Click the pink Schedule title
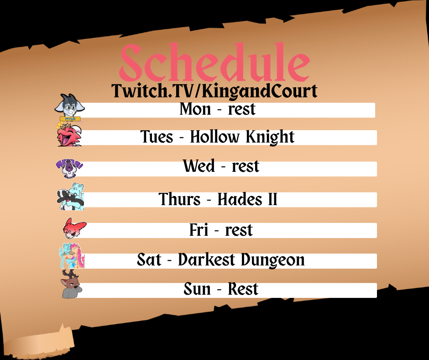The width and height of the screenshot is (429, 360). point(214,63)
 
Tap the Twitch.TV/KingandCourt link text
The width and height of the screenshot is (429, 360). point(214,90)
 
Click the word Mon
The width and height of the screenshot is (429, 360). point(195,109)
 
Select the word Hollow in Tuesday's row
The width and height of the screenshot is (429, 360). point(214,137)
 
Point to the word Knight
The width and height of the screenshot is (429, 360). point(270,137)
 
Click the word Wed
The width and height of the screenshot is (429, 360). point(199,166)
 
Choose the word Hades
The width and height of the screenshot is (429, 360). point(240,199)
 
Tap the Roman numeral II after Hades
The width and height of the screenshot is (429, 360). point(272,199)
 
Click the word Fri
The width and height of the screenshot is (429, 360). point(199,230)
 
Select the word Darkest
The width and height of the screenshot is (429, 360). point(207,259)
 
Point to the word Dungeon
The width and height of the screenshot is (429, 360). point(273,260)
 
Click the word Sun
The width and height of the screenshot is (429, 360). point(197,289)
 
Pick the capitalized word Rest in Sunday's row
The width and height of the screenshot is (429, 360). point(243,289)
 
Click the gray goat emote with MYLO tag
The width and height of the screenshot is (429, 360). point(70,108)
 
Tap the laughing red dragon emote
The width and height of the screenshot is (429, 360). point(69,135)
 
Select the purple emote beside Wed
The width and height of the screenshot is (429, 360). point(69,168)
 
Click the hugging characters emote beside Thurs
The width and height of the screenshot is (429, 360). point(71,197)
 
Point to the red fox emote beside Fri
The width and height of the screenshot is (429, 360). point(74,228)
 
